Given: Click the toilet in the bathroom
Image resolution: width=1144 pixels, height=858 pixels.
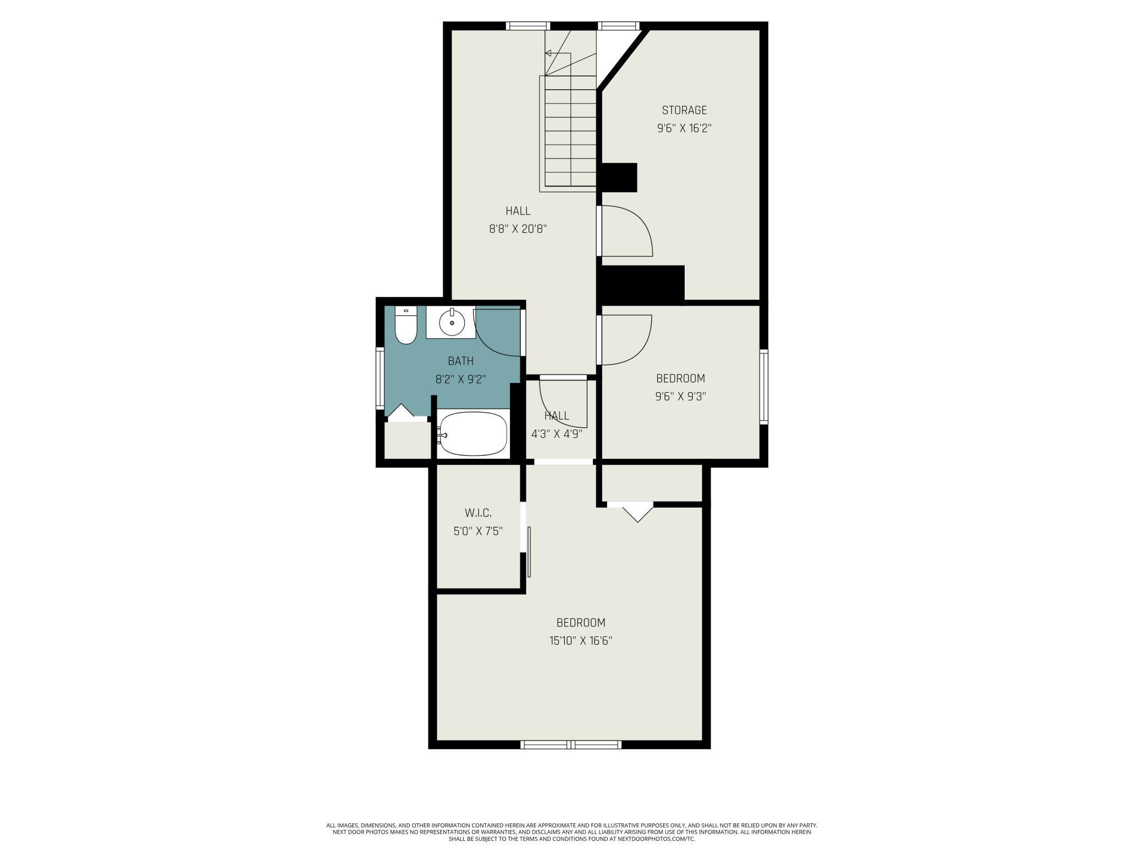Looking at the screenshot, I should [x=406, y=326].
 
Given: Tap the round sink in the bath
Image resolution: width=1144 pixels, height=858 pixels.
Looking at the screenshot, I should [x=452, y=323].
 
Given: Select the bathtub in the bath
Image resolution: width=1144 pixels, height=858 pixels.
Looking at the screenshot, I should [x=474, y=434].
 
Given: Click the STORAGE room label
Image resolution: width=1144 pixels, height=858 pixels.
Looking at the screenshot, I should [x=684, y=110].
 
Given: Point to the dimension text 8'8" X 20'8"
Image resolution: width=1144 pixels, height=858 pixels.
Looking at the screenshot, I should [x=518, y=229].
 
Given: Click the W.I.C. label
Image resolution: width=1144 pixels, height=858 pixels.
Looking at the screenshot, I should [x=478, y=513].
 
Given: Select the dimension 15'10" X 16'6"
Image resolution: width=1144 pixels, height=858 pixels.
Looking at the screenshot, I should [x=580, y=640].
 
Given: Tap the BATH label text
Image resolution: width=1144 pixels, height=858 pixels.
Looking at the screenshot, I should [x=460, y=361].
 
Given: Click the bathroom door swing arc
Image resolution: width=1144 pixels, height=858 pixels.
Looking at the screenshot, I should [x=495, y=333].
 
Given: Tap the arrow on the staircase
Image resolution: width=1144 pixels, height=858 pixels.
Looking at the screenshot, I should [x=548, y=53].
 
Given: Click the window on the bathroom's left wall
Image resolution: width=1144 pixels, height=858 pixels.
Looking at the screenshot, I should [x=380, y=378].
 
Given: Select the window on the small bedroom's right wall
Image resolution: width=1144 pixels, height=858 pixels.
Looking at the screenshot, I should [x=764, y=387].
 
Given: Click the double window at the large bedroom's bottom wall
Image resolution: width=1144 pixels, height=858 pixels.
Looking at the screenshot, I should [x=571, y=745].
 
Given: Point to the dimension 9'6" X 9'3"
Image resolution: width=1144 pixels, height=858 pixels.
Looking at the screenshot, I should [x=680, y=396].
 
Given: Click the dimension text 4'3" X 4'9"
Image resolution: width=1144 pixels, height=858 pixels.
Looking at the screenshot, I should [x=556, y=433].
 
